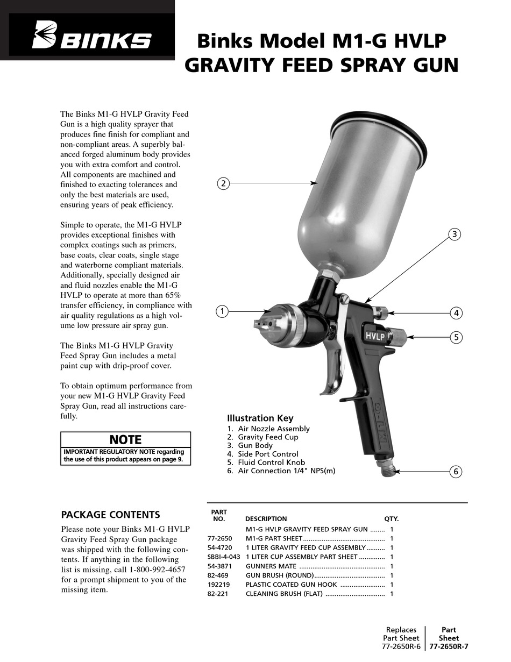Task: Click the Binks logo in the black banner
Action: (92, 38)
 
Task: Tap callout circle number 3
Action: (455, 234)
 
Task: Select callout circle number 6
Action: (456, 472)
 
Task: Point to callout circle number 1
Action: (222, 311)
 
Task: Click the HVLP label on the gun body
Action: (375, 336)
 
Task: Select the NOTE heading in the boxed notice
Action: (125, 440)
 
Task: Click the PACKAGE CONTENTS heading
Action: (110, 515)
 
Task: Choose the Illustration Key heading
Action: (260, 418)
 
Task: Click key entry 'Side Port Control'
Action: (268, 454)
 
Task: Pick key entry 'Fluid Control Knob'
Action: (271, 462)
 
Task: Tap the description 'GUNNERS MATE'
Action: (271, 566)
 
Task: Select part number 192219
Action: (217, 585)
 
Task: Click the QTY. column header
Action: (391, 519)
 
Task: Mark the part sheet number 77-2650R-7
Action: (449, 647)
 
